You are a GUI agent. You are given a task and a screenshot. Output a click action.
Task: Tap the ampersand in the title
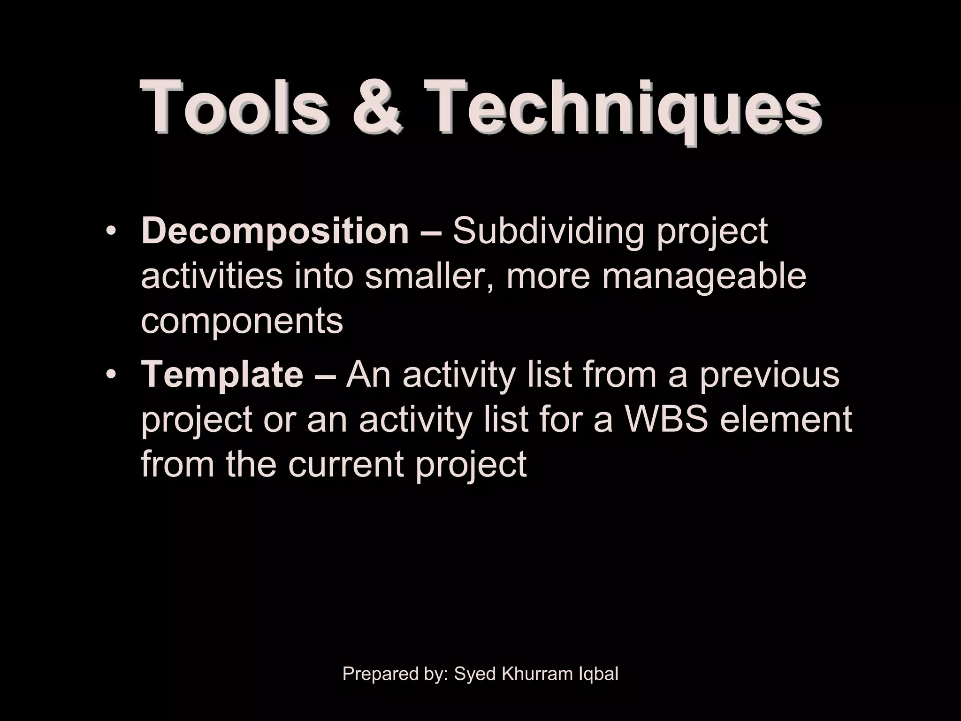pos(377,107)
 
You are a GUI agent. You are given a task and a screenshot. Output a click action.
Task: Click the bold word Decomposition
pos(275,231)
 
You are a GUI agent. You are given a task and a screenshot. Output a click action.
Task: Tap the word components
pos(242,322)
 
